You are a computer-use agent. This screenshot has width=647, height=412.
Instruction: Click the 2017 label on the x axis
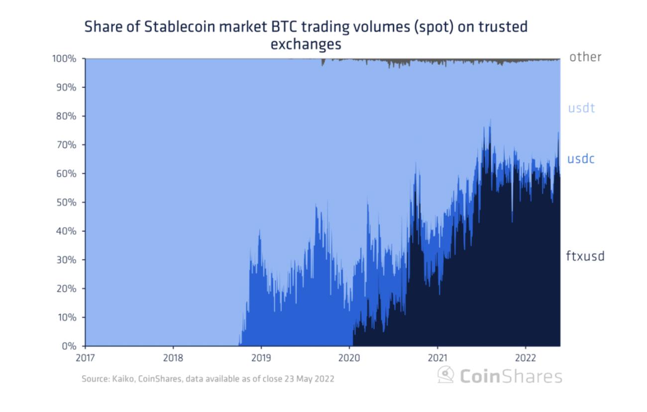(x=85, y=357)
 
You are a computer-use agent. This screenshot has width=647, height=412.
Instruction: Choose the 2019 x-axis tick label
(x=261, y=357)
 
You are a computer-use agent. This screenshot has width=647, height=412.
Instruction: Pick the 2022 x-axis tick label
(x=525, y=357)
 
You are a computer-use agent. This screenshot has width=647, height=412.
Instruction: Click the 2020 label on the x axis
(x=349, y=357)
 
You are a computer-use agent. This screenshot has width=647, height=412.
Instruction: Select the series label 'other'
(x=585, y=57)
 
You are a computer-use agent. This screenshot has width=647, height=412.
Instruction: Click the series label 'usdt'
(x=581, y=107)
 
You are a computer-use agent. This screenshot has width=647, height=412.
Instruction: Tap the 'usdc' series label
(x=581, y=159)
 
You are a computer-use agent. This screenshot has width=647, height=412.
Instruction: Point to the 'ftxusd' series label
(x=585, y=256)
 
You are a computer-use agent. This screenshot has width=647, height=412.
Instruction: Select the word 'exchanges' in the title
(x=306, y=44)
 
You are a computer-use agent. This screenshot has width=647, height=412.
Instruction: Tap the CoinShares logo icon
(x=445, y=375)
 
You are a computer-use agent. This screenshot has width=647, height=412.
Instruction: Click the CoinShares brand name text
(x=511, y=376)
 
